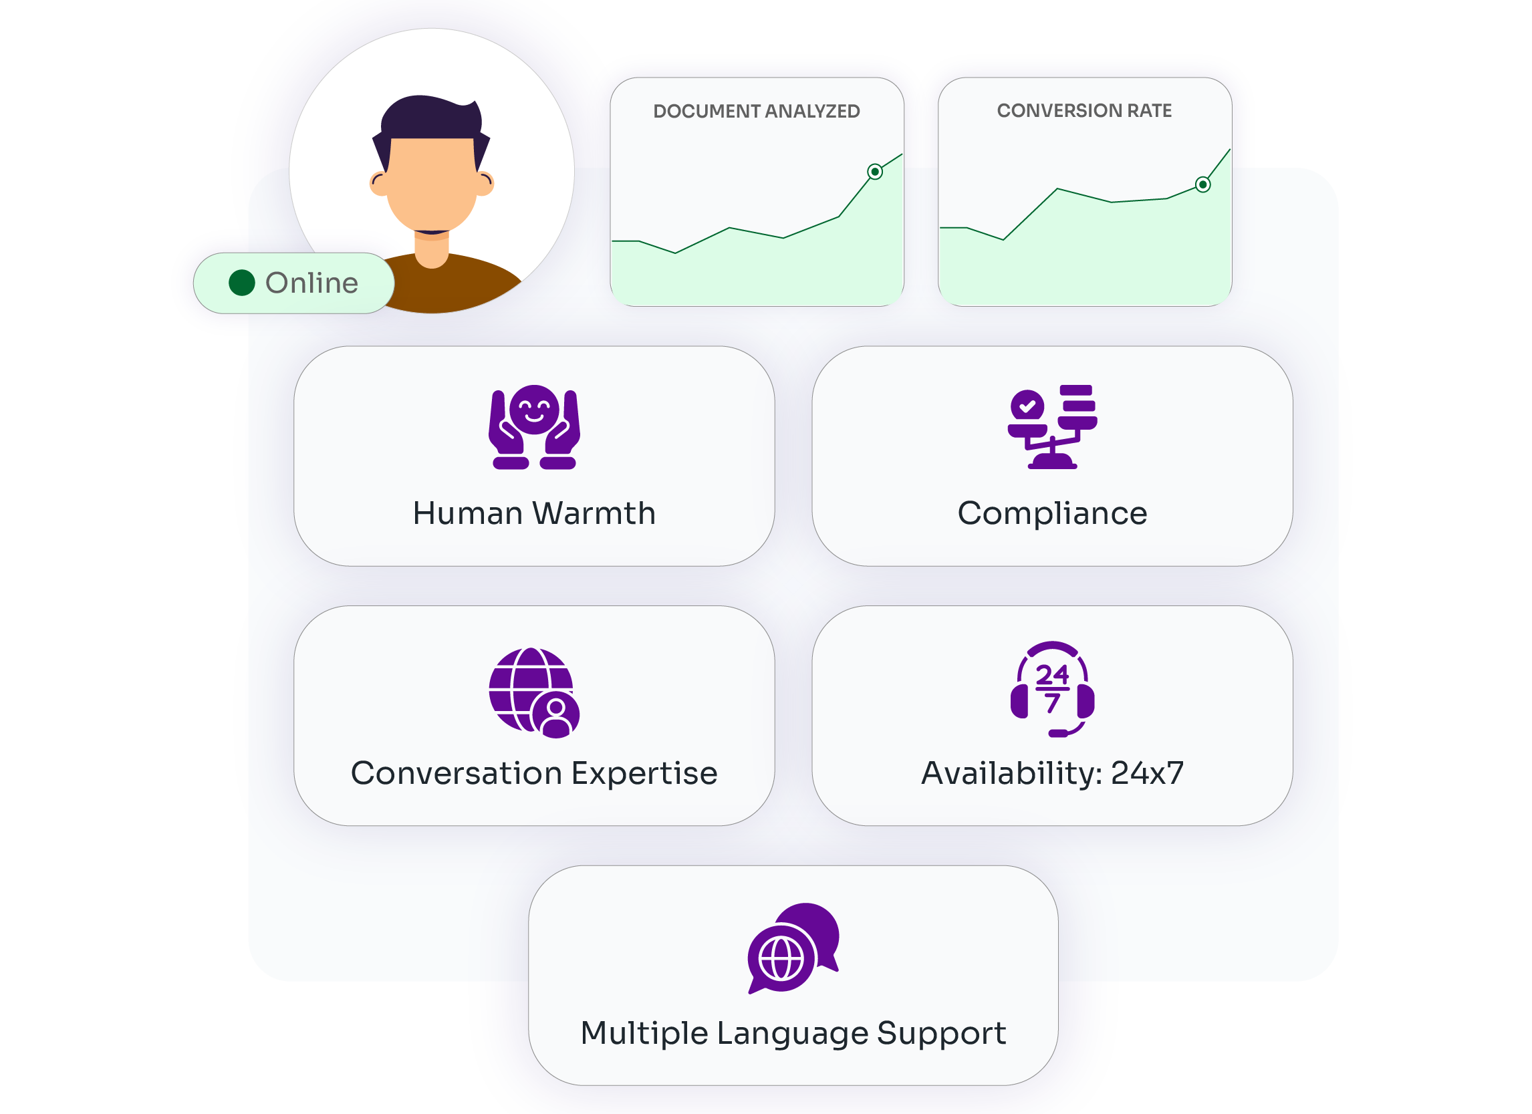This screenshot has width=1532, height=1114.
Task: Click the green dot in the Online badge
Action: coord(241,283)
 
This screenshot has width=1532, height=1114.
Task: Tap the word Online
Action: coord(311,283)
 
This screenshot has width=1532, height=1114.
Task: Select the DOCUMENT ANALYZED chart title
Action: coord(756,112)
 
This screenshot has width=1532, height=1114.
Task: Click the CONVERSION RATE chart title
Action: coord(1083,111)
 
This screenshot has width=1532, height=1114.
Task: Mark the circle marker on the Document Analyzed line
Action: coord(874,172)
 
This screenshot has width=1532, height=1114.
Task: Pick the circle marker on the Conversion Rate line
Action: coord(1202,184)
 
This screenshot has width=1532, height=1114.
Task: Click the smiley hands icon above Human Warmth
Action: coord(533,427)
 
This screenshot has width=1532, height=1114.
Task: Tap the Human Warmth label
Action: coord(533,513)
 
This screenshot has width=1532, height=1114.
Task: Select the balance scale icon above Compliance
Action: coord(1051,427)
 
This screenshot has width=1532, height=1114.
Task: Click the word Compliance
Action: coord(1051,513)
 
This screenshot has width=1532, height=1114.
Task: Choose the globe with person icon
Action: coord(533,692)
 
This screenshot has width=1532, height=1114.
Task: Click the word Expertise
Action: coord(644,773)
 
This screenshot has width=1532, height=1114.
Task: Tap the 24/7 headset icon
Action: coord(1051,689)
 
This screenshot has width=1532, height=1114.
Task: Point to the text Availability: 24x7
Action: coord(1051,773)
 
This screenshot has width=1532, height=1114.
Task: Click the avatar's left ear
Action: coord(379,183)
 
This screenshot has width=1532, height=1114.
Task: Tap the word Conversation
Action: coord(457,773)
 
